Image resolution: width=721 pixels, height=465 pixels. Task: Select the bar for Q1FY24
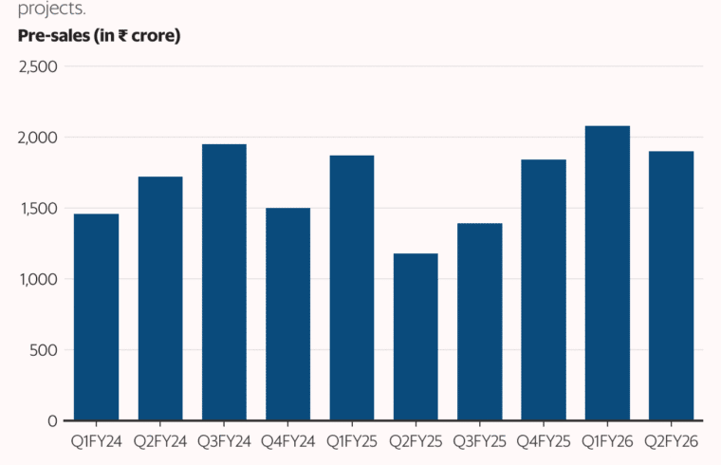(x=96, y=317)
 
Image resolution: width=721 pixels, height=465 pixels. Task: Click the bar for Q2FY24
(x=160, y=299)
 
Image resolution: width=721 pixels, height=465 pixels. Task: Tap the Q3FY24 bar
(x=224, y=283)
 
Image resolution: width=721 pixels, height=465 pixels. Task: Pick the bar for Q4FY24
(x=287, y=314)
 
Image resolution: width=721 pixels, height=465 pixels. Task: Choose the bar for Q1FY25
(x=352, y=288)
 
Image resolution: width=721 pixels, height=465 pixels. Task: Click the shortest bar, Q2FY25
(x=416, y=337)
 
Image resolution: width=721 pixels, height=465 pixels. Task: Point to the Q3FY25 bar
(x=480, y=322)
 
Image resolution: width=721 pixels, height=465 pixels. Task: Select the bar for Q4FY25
(x=544, y=290)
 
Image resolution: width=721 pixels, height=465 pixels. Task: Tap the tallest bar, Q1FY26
(x=607, y=273)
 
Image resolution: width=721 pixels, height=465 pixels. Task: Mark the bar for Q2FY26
(x=672, y=286)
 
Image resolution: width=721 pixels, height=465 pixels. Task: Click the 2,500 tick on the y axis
(x=38, y=67)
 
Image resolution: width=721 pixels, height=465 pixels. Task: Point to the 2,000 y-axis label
(x=38, y=138)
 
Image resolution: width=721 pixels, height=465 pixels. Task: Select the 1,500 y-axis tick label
(x=39, y=209)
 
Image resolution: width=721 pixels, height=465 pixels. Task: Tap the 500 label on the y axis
(x=44, y=350)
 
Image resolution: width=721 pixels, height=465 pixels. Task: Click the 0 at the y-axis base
(x=52, y=421)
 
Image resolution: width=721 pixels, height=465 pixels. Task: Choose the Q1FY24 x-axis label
(x=96, y=442)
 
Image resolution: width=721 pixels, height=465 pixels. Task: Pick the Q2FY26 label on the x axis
(x=672, y=442)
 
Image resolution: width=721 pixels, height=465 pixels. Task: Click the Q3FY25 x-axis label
(x=480, y=442)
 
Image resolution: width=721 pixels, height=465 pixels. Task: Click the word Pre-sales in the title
(x=54, y=36)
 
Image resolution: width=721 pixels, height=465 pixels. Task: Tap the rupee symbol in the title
(x=122, y=36)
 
